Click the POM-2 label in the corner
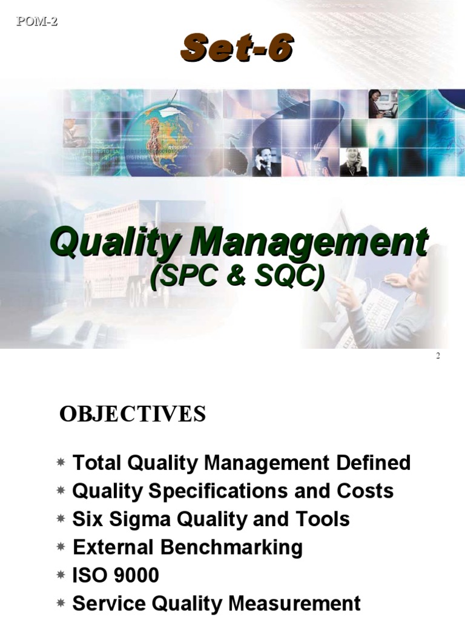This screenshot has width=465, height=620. coord(36,22)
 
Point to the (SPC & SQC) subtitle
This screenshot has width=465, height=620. coord(237,277)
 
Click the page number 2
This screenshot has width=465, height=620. coord(438,355)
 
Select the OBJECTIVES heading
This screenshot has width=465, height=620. coord(133,415)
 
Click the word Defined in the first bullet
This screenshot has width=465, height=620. coord(372,463)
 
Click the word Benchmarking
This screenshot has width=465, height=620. coord(232,547)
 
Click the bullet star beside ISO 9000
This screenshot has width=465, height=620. coord(61,576)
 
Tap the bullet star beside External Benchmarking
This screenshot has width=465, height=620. coord(61,548)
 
